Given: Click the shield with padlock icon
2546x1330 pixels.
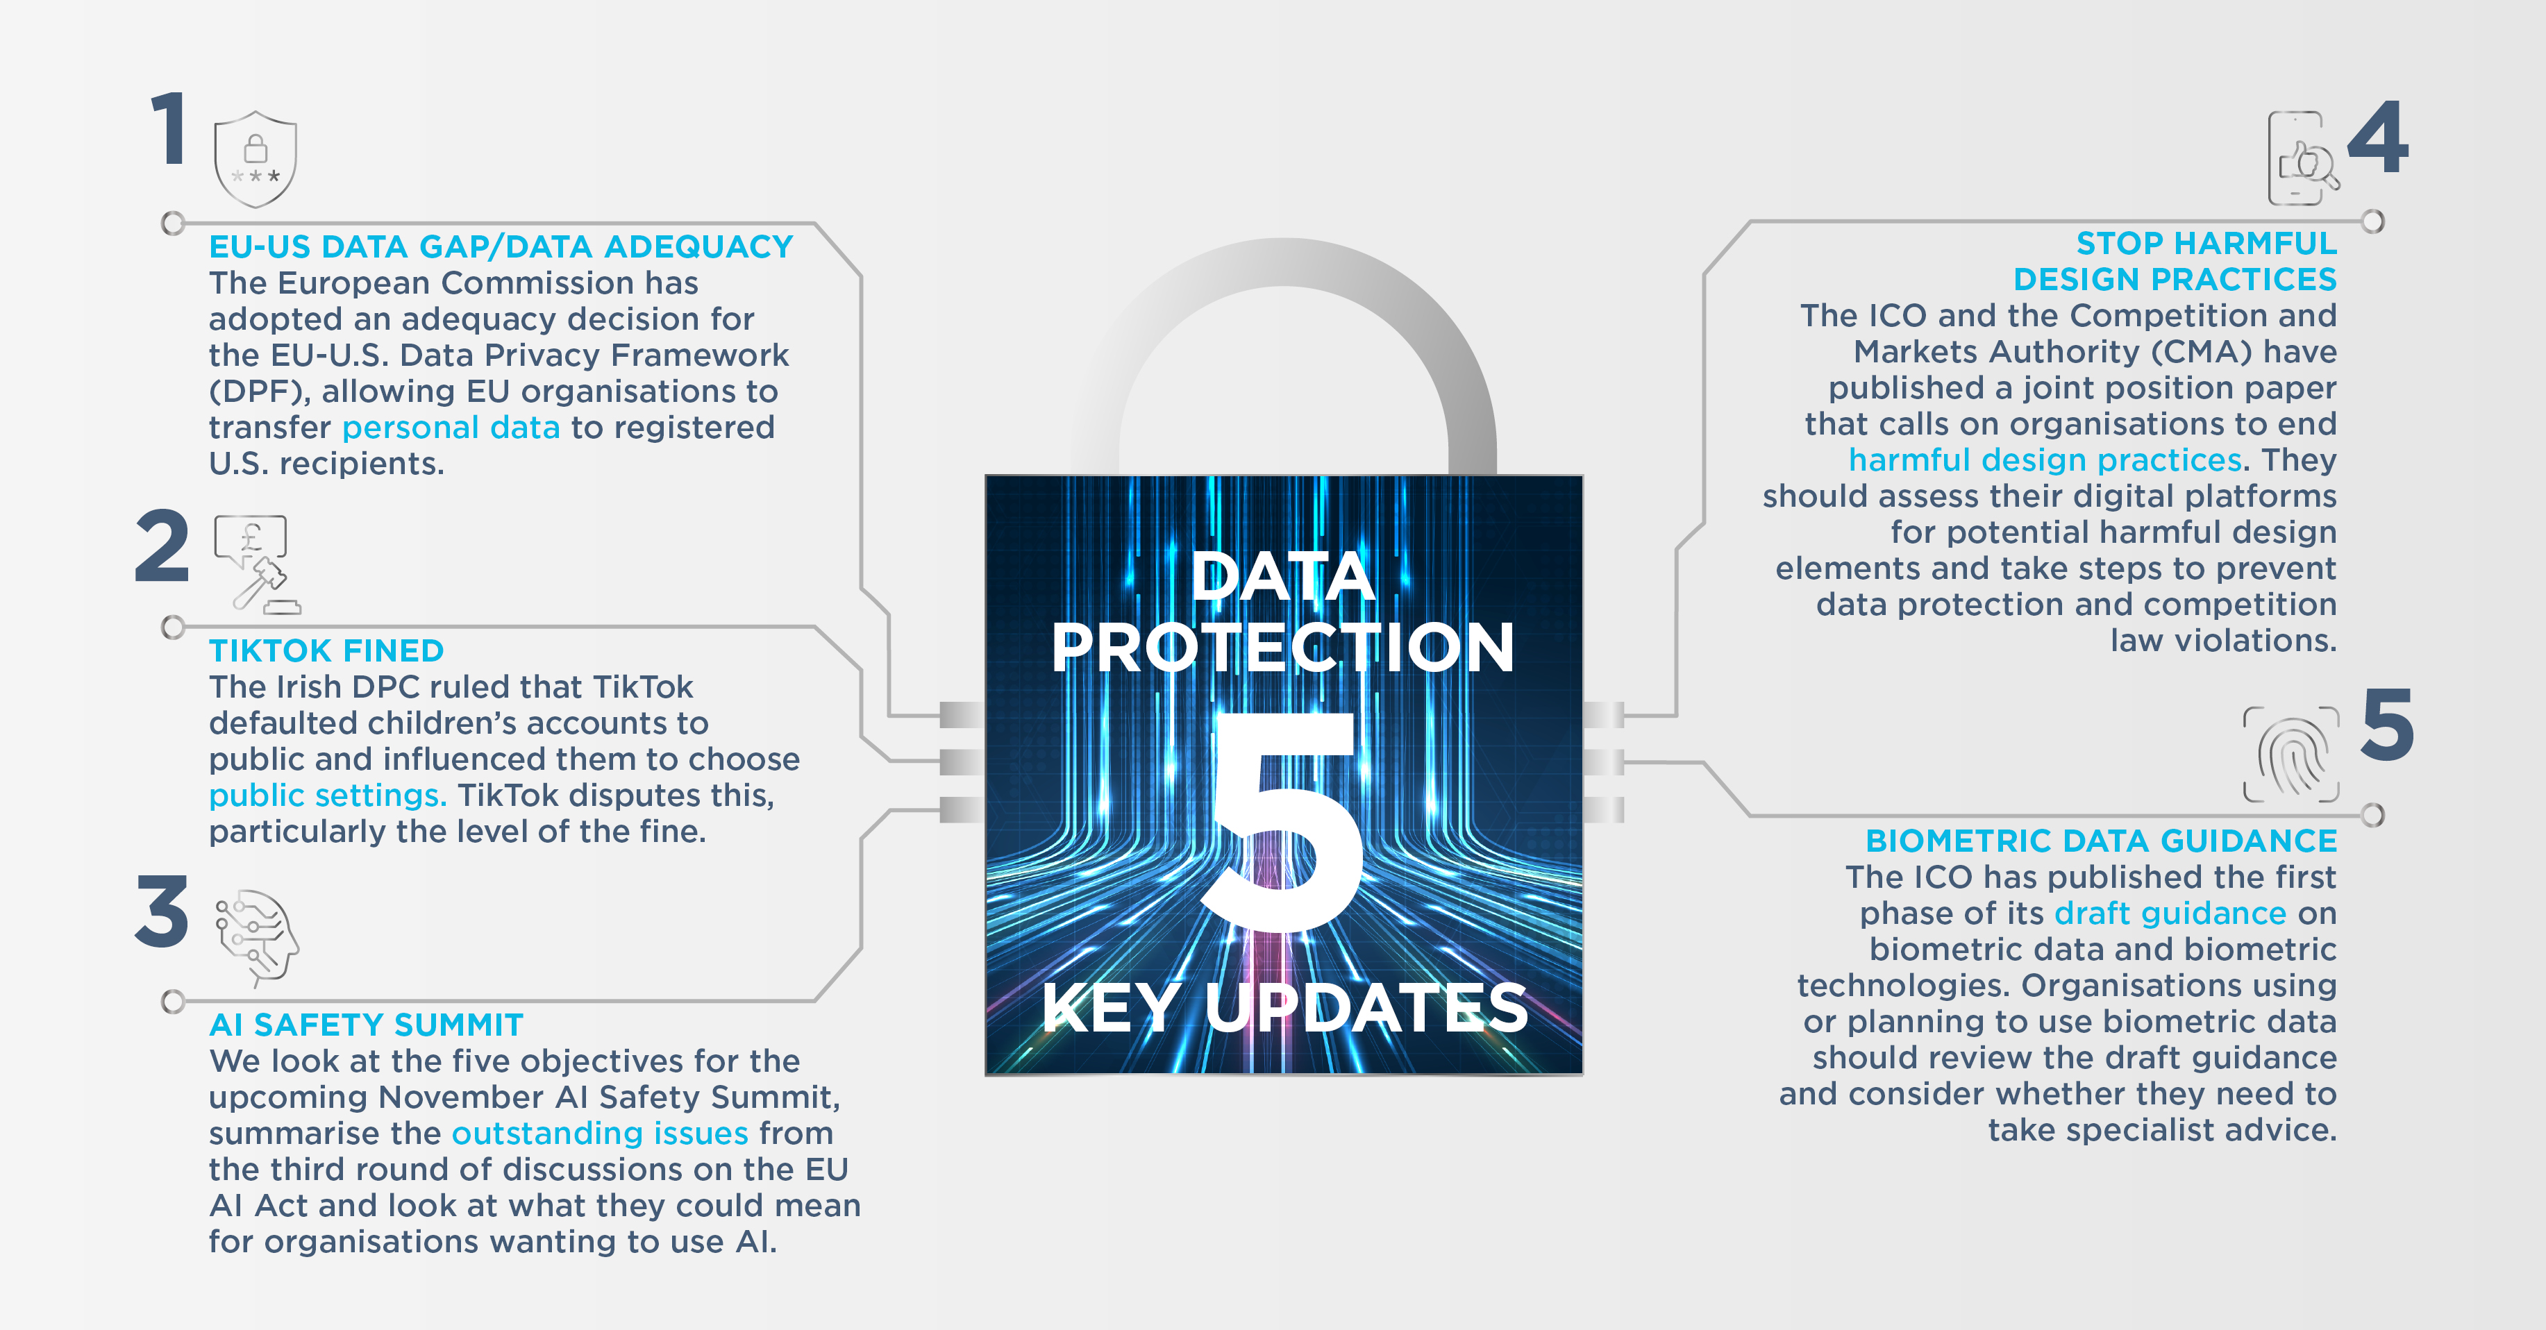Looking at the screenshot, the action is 255,159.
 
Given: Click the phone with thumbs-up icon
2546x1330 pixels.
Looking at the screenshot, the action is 2303,158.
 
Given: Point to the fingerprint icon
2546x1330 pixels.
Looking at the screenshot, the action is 2291,754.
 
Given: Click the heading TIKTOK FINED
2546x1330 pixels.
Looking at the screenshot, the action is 326,651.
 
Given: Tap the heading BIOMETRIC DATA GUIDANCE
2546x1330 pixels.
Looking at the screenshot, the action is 2101,841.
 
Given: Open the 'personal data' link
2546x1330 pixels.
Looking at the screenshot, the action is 451,428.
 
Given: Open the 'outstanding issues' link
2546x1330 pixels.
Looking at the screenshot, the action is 600,1134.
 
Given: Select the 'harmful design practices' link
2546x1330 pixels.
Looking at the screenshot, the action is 2045,460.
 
